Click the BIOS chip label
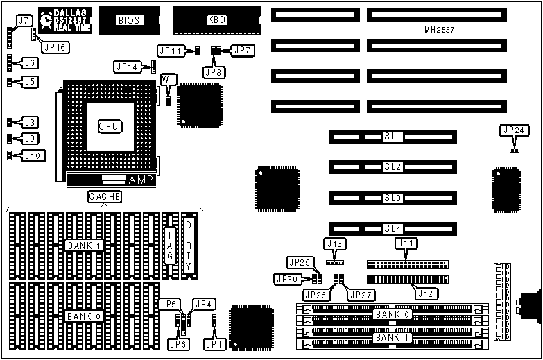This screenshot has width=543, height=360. point(129,21)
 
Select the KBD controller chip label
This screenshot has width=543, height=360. point(216,21)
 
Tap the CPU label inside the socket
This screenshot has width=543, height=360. point(110,126)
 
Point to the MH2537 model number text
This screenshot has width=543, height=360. point(439,31)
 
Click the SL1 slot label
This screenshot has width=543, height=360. point(393,137)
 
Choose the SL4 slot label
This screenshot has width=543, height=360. point(393,228)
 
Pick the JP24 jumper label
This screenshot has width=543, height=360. point(514,130)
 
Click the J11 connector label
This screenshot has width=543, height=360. point(406,243)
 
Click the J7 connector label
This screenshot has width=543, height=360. point(24,21)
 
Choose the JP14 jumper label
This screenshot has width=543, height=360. point(126,67)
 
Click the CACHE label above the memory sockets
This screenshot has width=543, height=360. point(105,197)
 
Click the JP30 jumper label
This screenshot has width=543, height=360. point(286,279)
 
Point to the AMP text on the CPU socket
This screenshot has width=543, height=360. point(141,180)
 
